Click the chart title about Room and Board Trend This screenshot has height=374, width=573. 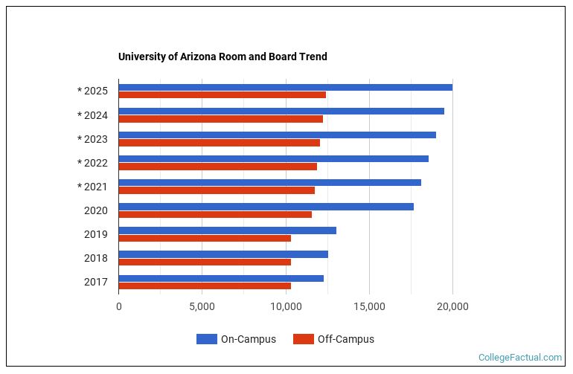coord(223,57)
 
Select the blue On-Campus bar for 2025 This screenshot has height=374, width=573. coord(285,87)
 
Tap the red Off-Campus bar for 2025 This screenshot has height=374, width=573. coord(222,95)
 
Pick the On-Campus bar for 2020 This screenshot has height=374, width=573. coord(266,206)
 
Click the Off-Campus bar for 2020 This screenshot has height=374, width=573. coord(215,214)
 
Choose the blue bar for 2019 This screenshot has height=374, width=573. coord(227,230)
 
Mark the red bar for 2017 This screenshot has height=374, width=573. coord(205,286)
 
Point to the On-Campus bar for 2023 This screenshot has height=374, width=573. coord(277,135)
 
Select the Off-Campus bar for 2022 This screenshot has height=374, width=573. coord(217,167)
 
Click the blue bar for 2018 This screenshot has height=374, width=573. coord(223,254)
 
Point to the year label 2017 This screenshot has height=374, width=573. coord(96,282)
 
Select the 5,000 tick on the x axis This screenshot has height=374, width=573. coord(202,306)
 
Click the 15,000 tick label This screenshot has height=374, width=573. coord(369,306)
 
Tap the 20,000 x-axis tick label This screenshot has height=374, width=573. coord(452,306)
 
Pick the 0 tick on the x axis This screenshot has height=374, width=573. coord(119,306)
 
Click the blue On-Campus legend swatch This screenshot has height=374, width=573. coord(206,339)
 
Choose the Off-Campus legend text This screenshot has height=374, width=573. coord(345,339)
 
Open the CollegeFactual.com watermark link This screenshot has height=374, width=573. coord(520,358)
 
